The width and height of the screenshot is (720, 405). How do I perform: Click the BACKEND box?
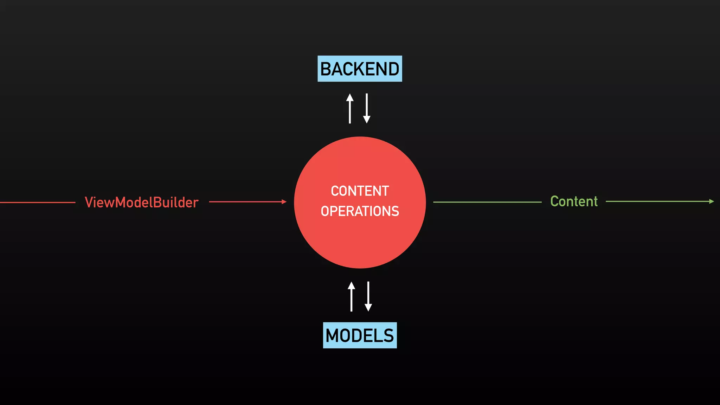click(x=360, y=69)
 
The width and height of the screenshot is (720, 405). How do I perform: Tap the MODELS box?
click(x=360, y=335)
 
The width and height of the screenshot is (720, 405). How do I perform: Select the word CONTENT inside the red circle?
click(x=360, y=191)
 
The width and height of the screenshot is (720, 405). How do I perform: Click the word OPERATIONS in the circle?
click(x=360, y=211)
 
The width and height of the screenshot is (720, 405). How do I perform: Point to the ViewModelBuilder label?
click(x=142, y=202)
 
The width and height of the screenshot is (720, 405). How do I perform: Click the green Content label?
click(x=574, y=201)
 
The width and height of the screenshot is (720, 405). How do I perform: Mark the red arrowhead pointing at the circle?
click(x=284, y=202)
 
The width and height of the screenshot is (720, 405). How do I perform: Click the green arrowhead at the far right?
click(x=712, y=201)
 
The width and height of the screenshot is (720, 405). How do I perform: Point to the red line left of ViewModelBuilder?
click(x=37, y=202)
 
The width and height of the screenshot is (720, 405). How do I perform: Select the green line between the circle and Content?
click(x=487, y=202)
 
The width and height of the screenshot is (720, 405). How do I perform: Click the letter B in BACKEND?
click(x=327, y=69)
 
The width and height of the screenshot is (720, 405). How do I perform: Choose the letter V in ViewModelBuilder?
click(x=89, y=202)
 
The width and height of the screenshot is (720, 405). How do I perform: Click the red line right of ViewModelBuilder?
click(x=246, y=202)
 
